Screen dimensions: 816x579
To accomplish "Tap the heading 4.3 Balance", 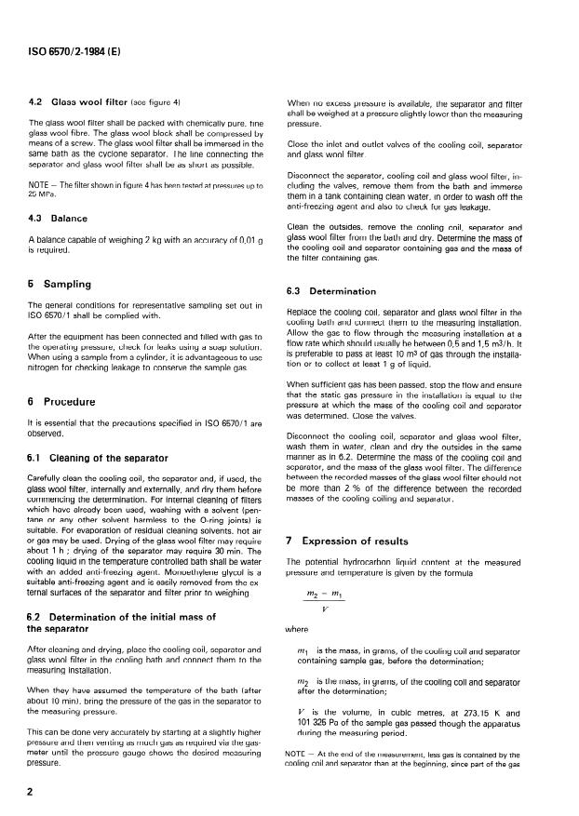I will click(x=62, y=219).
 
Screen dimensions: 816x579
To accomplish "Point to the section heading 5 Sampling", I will click(x=67, y=283).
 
